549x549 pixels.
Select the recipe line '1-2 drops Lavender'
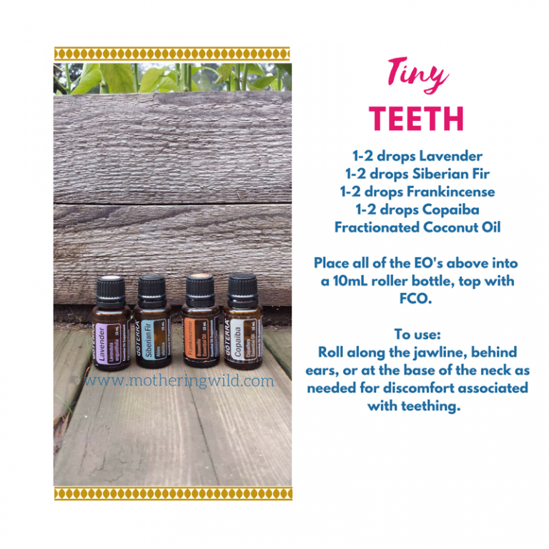click(x=417, y=156)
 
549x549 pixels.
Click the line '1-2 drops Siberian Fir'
click(x=417, y=174)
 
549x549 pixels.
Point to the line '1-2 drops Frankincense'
click(x=417, y=192)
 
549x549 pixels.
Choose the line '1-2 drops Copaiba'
click(x=417, y=209)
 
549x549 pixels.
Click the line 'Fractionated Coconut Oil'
click(x=417, y=227)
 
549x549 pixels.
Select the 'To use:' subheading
click(x=417, y=335)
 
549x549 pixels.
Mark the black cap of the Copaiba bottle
click(x=242, y=290)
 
